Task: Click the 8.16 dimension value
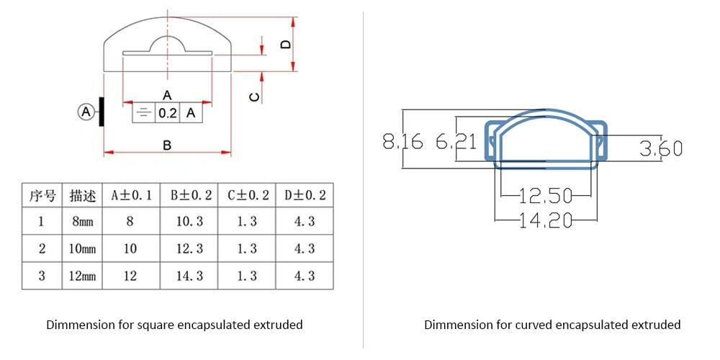click(x=402, y=142)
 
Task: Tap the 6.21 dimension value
click(x=456, y=142)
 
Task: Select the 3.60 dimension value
click(x=660, y=149)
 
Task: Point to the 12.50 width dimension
click(x=546, y=195)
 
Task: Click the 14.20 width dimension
click(x=546, y=220)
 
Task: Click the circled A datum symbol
click(x=86, y=112)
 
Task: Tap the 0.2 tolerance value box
click(x=168, y=113)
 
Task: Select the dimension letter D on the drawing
click(x=286, y=45)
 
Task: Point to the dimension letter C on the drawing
click(x=254, y=96)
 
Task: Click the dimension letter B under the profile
click(x=167, y=145)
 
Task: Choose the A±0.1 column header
click(x=131, y=195)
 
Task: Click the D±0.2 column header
click(x=305, y=195)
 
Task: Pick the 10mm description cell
click(x=82, y=248)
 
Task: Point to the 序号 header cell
click(x=42, y=195)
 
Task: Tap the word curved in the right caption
click(x=533, y=325)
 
